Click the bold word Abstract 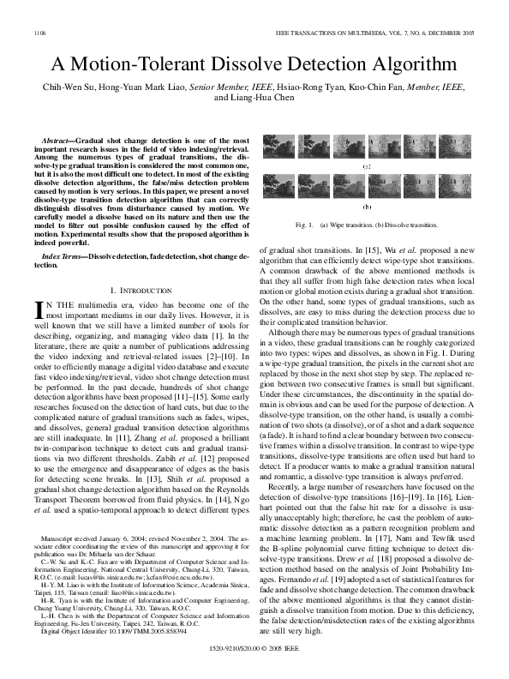57,138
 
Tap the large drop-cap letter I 39,310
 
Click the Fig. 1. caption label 304,225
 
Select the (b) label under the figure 368,207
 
